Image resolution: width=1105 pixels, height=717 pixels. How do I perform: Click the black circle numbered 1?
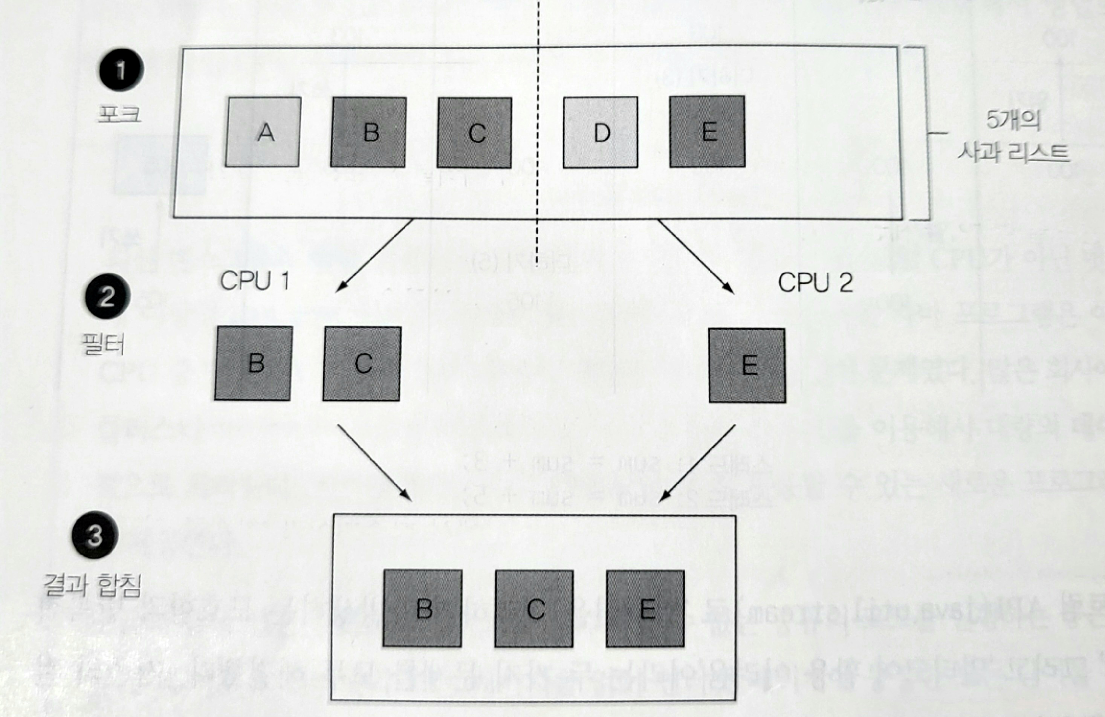pyautogui.click(x=121, y=70)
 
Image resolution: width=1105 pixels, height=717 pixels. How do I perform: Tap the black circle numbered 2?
pyautogui.click(x=106, y=296)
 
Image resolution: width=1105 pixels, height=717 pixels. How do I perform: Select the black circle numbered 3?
pyautogui.click(x=95, y=535)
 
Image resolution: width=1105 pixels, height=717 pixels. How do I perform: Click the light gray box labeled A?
pyautogui.click(x=263, y=132)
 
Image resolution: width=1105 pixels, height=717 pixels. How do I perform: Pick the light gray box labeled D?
pyautogui.click(x=600, y=132)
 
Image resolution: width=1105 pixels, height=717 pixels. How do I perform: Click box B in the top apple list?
pyautogui.click(x=368, y=132)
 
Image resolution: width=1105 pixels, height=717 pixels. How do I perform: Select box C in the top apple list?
pyautogui.click(x=474, y=133)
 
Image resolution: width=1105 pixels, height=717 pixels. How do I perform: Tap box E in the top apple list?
pyautogui.click(x=707, y=131)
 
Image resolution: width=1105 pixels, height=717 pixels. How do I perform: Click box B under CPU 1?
pyautogui.click(x=254, y=363)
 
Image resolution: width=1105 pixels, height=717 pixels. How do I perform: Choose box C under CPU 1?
pyautogui.click(x=362, y=364)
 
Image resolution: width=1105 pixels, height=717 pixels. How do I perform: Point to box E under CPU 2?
pyautogui.click(x=747, y=365)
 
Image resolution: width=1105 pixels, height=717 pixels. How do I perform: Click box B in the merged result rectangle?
pyautogui.click(x=422, y=608)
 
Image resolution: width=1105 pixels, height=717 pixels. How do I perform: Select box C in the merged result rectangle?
pyautogui.click(x=534, y=608)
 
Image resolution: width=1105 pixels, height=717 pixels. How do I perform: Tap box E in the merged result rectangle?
pyautogui.click(x=645, y=608)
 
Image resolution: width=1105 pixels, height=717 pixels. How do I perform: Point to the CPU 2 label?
pyautogui.click(x=815, y=282)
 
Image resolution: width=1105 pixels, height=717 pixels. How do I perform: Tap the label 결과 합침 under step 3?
pyautogui.click(x=92, y=585)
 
